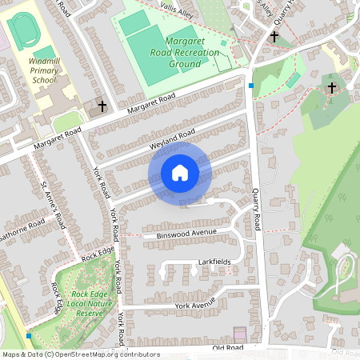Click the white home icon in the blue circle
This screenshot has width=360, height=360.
(x=179, y=173)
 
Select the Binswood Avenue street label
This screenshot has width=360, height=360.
(x=187, y=233)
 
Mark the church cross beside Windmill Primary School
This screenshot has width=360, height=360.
(x=102, y=106)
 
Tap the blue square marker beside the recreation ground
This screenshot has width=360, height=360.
(x=250, y=86)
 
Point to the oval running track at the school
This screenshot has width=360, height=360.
(x=21, y=31)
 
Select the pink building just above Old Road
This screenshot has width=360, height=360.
(x=240, y=333)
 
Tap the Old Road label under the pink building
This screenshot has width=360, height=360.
(x=227, y=348)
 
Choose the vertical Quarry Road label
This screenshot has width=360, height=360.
(x=256, y=206)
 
